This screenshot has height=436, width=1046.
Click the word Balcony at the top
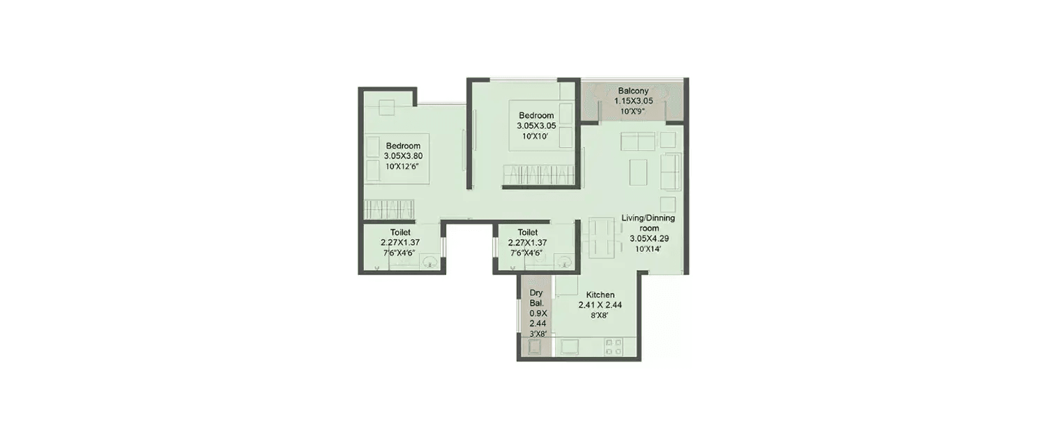coord(633,91)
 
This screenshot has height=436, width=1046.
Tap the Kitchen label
coord(600,295)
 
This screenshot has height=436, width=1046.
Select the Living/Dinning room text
coord(648,223)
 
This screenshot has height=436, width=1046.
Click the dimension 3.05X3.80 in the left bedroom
coord(404,156)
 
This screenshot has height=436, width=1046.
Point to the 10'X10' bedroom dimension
coord(536,137)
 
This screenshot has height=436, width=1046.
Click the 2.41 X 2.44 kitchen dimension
coord(600,305)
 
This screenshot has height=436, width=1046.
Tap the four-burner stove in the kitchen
coord(614,347)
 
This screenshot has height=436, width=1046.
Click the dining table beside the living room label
coord(601,237)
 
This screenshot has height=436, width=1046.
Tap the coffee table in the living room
coord(638,172)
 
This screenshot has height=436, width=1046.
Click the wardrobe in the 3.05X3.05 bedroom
coord(538,176)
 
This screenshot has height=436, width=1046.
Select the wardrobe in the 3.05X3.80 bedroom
coord(389,209)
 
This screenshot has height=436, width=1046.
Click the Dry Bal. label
coord(536,298)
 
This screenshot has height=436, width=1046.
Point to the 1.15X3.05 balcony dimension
coord(633,101)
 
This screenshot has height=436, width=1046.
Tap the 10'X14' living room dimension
coord(648,249)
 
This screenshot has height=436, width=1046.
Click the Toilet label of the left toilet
coord(401,232)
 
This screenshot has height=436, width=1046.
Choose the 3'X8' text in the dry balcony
coord(538,334)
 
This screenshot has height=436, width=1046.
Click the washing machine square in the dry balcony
coord(535,347)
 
